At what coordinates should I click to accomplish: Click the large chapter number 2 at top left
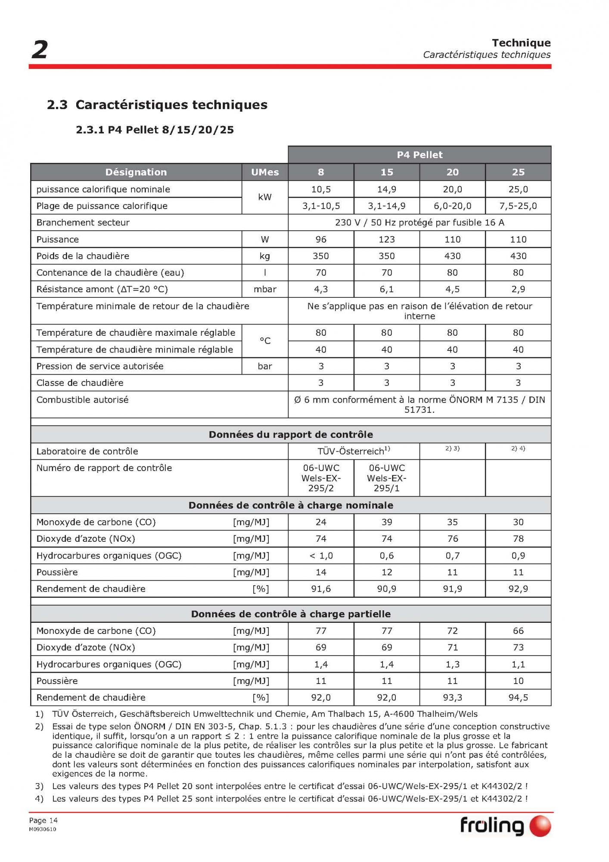pos(39,50)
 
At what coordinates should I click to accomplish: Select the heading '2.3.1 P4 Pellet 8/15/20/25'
pos(155,130)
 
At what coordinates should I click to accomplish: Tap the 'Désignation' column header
pos(136,172)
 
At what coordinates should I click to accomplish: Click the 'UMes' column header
pos(265,172)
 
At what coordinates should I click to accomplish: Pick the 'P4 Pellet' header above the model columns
pos(419,155)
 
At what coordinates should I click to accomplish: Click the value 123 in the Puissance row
pos(386,239)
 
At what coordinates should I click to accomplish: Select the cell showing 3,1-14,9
pos(386,206)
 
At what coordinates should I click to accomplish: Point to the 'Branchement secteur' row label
pos(83,222)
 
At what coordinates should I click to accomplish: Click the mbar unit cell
pos(265,289)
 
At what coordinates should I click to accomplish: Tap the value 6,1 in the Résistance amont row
pos(386,289)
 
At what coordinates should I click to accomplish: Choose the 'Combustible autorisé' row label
pos(82,400)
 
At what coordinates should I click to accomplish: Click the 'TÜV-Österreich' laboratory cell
pos(354,451)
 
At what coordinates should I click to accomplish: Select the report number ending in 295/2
pos(321,478)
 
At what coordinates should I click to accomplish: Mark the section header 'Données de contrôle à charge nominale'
pos(291,505)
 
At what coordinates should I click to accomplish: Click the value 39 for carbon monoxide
pos(386,522)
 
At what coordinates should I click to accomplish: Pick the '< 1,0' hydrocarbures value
pos(321,556)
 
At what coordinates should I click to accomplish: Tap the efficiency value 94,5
pos(518,697)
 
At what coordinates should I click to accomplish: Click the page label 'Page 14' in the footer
pos(43,820)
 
